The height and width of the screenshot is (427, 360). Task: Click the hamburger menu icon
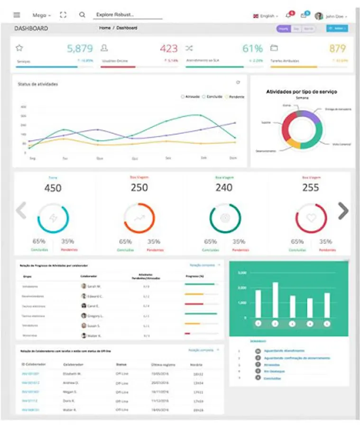pyautogui.click(x=17, y=15)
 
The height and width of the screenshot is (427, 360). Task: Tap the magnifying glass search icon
pyautogui.click(x=82, y=15)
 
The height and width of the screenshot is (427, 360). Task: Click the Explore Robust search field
pyautogui.click(x=127, y=15)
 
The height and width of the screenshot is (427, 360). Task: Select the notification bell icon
pyautogui.click(x=288, y=16)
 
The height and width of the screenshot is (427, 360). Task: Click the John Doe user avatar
pyautogui.click(x=319, y=16)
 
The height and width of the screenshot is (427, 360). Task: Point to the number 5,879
pyautogui.click(x=80, y=48)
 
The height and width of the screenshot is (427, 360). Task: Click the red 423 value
pyautogui.click(x=168, y=48)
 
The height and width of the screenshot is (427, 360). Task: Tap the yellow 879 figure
pyautogui.click(x=337, y=48)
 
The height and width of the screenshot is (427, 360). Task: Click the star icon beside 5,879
pyautogui.click(x=19, y=48)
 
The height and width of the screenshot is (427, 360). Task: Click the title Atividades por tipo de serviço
pyautogui.click(x=302, y=92)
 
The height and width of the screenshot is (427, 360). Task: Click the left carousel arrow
pyautogui.click(x=21, y=211)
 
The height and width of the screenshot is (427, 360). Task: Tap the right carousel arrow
pyautogui.click(x=343, y=211)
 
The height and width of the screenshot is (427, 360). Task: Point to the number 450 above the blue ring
pyautogui.click(x=53, y=188)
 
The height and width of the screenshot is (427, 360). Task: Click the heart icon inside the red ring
pyautogui.click(x=311, y=218)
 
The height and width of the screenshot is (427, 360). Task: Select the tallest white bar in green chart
pyautogui.click(x=275, y=300)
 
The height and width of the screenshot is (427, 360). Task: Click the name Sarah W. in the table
pyautogui.click(x=94, y=287)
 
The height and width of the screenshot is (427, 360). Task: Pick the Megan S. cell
pyautogui.click(x=71, y=392)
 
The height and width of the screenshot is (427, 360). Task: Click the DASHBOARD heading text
pyautogui.click(x=31, y=28)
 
